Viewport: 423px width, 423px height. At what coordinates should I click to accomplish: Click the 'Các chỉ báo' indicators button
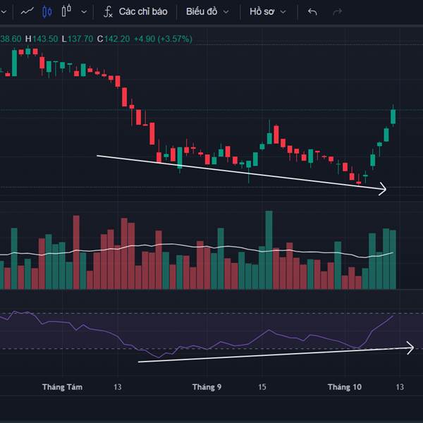(x=136, y=12)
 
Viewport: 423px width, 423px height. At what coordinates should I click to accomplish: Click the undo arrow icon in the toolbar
(x=313, y=12)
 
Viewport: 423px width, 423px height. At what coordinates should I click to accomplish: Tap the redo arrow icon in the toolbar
(x=337, y=12)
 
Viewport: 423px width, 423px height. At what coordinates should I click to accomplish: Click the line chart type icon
(x=27, y=12)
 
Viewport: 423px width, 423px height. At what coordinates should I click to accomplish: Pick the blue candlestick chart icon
(x=47, y=12)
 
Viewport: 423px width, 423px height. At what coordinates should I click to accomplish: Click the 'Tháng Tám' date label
(x=62, y=387)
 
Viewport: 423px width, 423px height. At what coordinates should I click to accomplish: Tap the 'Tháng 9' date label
(x=207, y=387)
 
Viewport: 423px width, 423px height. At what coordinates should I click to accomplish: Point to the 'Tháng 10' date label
(x=344, y=387)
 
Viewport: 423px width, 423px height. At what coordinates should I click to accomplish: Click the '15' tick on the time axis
(x=262, y=387)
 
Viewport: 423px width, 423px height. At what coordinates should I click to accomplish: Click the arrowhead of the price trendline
(x=384, y=188)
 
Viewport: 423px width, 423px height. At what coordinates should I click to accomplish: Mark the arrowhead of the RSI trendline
(x=410, y=347)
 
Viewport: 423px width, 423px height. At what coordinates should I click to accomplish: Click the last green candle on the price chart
(x=393, y=116)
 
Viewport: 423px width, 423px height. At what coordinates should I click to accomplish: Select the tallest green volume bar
(x=269, y=250)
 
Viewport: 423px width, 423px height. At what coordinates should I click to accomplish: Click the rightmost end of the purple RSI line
(x=393, y=317)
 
